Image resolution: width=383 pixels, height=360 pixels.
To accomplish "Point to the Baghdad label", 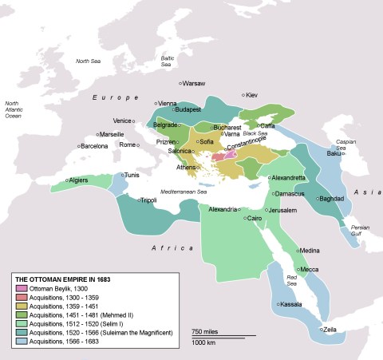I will click(x=330, y=198).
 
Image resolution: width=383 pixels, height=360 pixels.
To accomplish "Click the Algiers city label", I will click(x=78, y=180).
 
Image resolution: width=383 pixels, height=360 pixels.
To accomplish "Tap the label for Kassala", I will click(x=290, y=305).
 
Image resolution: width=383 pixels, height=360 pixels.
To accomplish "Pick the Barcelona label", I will click(x=94, y=146).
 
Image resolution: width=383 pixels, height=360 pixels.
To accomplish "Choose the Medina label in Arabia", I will click(x=310, y=250).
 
